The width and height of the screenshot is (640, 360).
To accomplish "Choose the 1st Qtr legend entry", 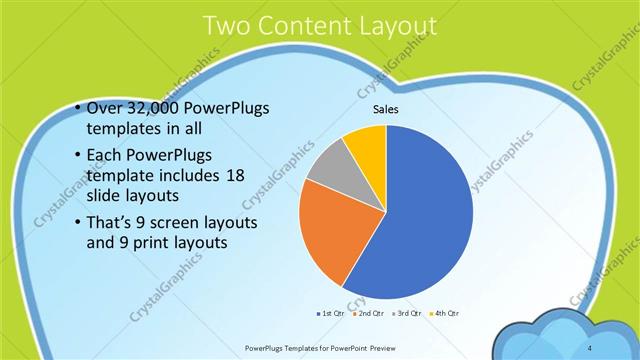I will click(333, 314).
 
